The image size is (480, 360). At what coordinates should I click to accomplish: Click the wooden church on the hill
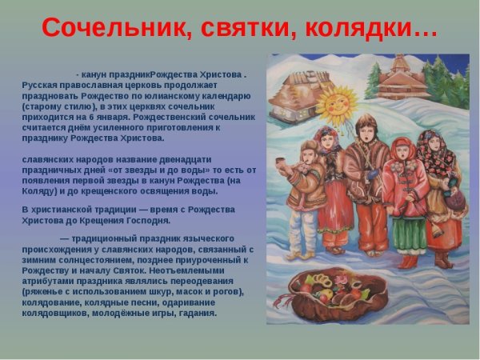pyautogui.click(x=405, y=78)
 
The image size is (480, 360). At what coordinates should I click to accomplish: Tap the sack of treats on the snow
pyautogui.click(x=337, y=294)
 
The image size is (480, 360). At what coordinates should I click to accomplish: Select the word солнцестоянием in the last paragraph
pyautogui.click(x=89, y=259)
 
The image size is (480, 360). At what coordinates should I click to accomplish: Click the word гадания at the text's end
pyautogui.click(x=197, y=312)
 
